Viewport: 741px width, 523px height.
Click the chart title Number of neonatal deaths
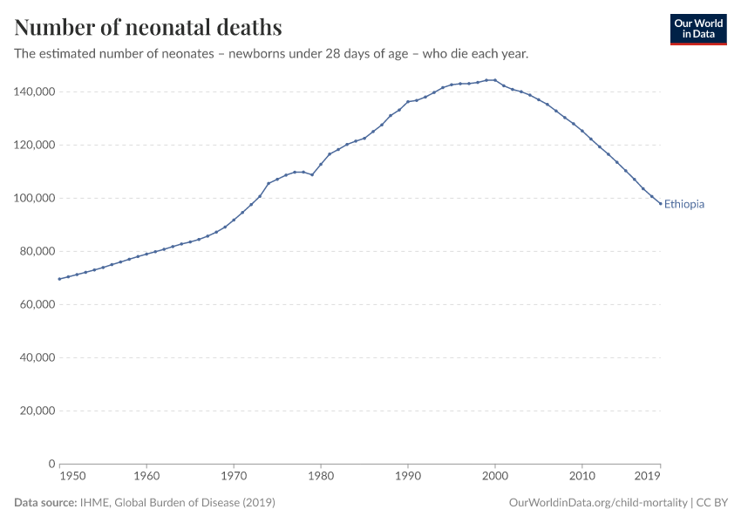[x=148, y=28]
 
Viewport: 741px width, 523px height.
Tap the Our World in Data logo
[x=697, y=29]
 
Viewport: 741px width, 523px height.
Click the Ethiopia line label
[x=683, y=205]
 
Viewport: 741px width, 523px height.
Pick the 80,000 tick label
[x=35, y=251]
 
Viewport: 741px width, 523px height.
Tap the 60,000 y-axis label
[x=35, y=304]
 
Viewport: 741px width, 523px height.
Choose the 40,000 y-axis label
[x=35, y=357]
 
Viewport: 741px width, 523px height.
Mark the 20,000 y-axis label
[x=35, y=411]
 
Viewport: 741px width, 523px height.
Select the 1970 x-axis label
[x=234, y=477]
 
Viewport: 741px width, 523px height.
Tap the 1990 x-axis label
[x=408, y=477]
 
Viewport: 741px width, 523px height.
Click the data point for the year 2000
[x=495, y=80]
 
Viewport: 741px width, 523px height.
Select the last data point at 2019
[x=660, y=203]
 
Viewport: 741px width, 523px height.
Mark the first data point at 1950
[x=59, y=279]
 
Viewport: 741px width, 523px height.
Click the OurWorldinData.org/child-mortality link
[x=597, y=503]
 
